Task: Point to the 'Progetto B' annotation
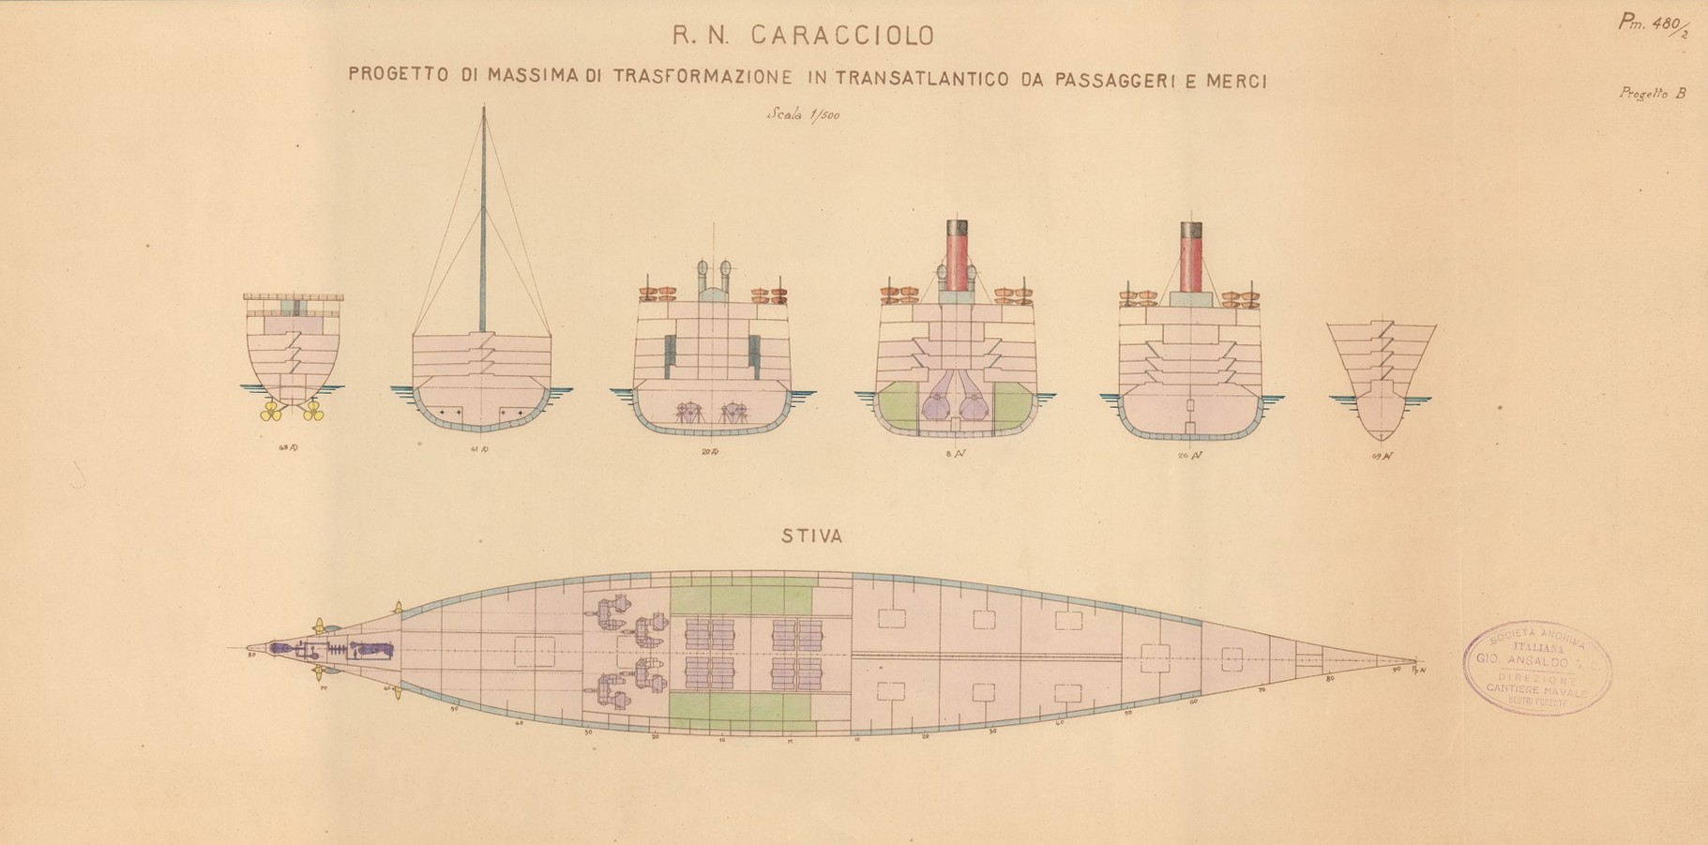[1652, 94]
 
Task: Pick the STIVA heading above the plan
[812, 536]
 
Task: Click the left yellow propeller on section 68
[272, 411]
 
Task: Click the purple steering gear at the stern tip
[279, 648]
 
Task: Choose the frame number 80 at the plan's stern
[251, 655]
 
